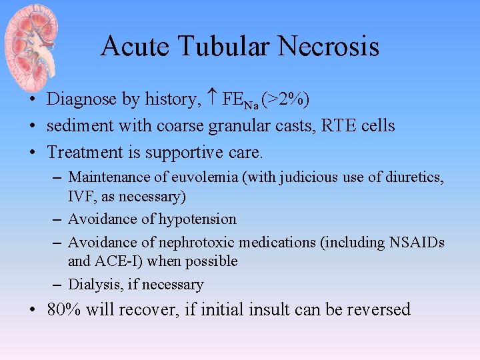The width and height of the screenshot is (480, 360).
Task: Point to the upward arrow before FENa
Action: coord(212,99)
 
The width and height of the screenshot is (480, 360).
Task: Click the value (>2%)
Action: coord(285,99)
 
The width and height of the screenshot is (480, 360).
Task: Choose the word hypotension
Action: coord(197,219)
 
